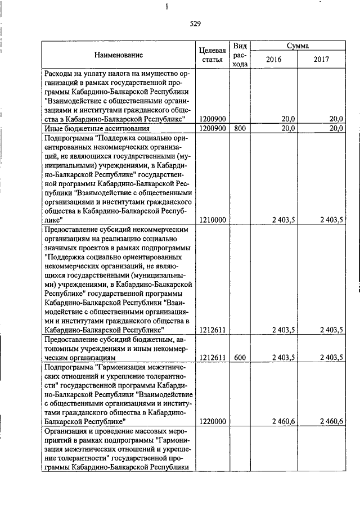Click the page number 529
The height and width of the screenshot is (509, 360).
tap(195, 24)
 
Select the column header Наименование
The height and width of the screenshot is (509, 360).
tap(119, 55)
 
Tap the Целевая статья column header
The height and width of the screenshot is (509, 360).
tap(213, 55)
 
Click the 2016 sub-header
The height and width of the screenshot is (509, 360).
tap(273, 59)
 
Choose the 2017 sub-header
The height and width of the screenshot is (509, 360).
tap(321, 59)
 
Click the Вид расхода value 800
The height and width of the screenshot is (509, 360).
tap(240, 128)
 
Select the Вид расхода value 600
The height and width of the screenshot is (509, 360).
tap(240, 357)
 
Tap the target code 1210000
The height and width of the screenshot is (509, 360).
tap(213, 220)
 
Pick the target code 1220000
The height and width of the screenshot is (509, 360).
tap(213, 421)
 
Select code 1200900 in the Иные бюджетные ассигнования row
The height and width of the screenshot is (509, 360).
tap(213, 128)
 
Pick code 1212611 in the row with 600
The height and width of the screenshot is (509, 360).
tap(213, 357)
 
